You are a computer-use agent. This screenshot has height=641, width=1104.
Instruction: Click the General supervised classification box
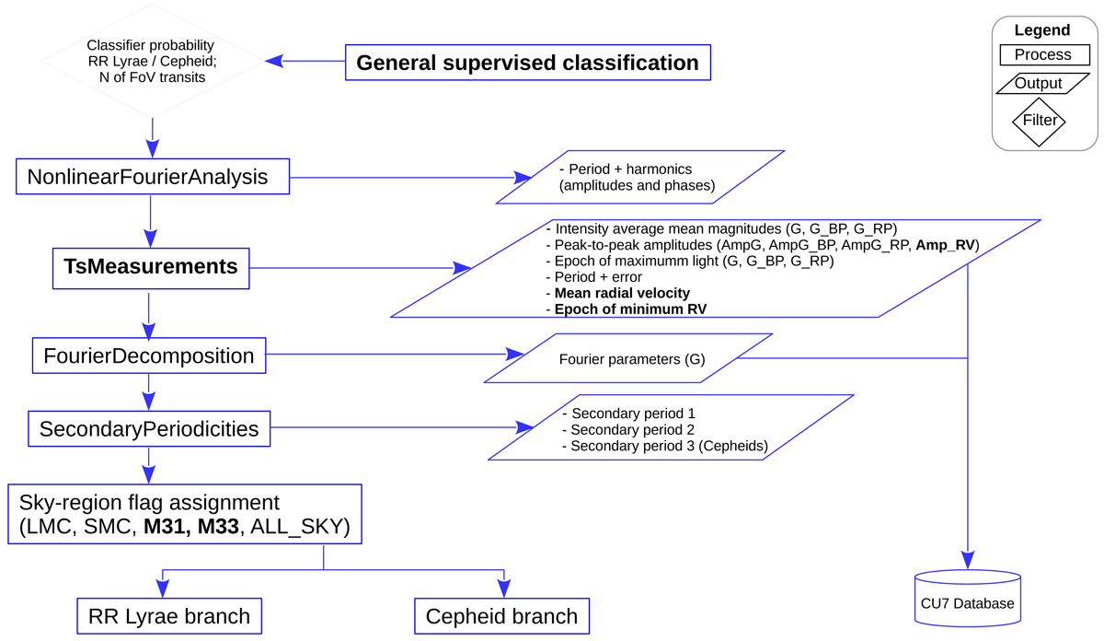[x=527, y=63]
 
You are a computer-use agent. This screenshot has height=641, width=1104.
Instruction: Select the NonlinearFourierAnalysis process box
[x=153, y=177]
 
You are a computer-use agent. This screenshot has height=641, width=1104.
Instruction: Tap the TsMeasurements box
[x=151, y=267]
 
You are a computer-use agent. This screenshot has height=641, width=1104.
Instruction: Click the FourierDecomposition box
[x=149, y=355]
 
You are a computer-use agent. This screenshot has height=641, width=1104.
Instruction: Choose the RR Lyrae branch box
[x=169, y=616]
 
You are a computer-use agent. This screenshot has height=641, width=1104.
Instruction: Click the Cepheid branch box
[x=501, y=616]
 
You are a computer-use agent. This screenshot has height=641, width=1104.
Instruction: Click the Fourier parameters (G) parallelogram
[x=631, y=358]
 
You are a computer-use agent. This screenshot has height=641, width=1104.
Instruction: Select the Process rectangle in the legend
[x=1042, y=54]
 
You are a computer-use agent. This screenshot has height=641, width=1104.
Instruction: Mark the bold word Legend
[x=1042, y=30]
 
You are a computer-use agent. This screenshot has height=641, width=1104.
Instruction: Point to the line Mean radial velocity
[x=622, y=293]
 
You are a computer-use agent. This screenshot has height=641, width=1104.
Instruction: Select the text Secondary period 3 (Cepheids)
[x=669, y=447]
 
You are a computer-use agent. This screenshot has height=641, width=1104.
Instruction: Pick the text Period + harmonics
[x=630, y=169]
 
